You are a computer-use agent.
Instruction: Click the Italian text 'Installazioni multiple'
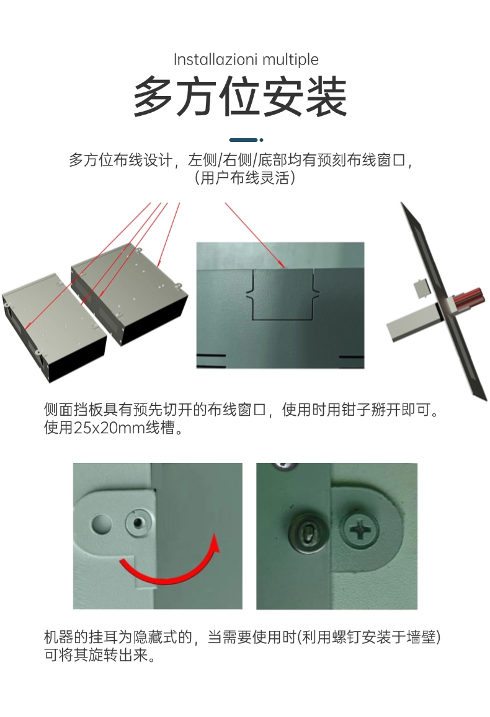coord(246,59)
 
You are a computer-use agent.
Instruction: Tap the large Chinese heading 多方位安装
coord(241,97)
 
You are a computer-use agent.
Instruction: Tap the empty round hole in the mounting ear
coord(102,525)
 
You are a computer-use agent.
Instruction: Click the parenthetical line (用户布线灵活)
coord(244,177)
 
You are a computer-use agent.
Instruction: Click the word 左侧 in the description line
coord(202,160)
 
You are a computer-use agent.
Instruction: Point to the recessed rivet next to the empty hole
coord(138,522)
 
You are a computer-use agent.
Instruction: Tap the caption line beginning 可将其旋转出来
coord(100,655)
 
